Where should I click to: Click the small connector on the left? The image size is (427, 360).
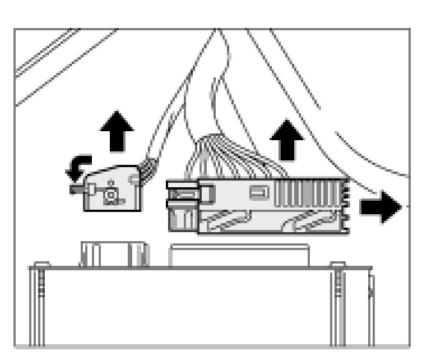pyautogui.click(x=111, y=190)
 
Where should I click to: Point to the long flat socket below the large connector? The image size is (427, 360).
pyautogui.click(x=239, y=255)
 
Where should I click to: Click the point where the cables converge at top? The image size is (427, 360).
pyautogui.click(x=216, y=31)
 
